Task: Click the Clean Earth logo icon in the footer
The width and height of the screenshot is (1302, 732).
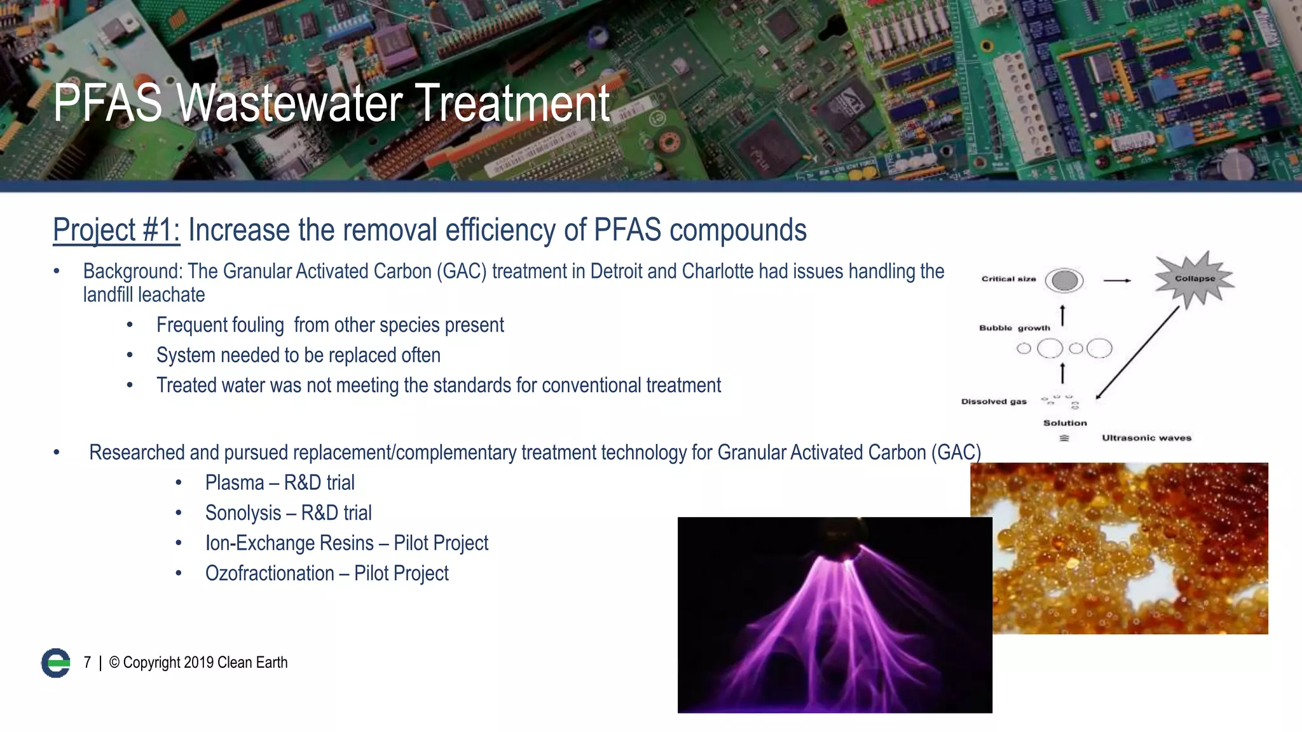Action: [56, 663]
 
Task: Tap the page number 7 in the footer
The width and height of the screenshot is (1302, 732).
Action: [87, 663]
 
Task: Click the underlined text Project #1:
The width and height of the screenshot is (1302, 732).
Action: [116, 230]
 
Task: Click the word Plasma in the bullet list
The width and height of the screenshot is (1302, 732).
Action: [234, 483]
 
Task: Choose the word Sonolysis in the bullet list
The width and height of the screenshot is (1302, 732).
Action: [243, 513]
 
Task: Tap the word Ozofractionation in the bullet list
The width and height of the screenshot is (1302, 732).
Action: [270, 574]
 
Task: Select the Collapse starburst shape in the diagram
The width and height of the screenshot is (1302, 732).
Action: [1195, 279]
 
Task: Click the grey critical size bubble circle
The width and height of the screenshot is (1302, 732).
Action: [1064, 280]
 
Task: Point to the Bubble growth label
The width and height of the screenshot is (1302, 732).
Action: [1015, 328]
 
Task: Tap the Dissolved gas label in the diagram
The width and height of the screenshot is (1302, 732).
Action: [994, 402]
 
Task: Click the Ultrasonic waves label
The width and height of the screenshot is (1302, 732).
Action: [1146, 438]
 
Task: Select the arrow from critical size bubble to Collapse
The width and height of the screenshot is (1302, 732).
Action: [1117, 280]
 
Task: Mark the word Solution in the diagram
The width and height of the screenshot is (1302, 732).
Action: [1065, 423]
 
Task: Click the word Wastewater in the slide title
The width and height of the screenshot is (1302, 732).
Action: [289, 103]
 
